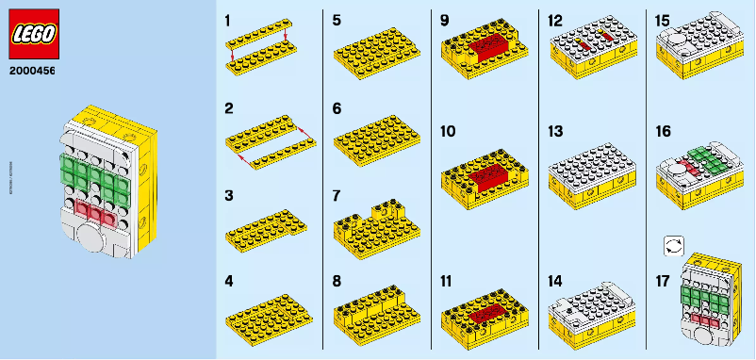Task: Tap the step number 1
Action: [x=228, y=20]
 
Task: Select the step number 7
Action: [x=337, y=195]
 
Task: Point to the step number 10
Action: [x=448, y=131]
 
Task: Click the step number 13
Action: [x=555, y=131]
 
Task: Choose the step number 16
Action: [x=664, y=131]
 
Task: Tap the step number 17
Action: [x=664, y=280]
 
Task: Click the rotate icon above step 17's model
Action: [x=673, y=244]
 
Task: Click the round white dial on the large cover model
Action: [x=90, y=236]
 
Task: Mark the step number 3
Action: [x=228, y=195]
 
